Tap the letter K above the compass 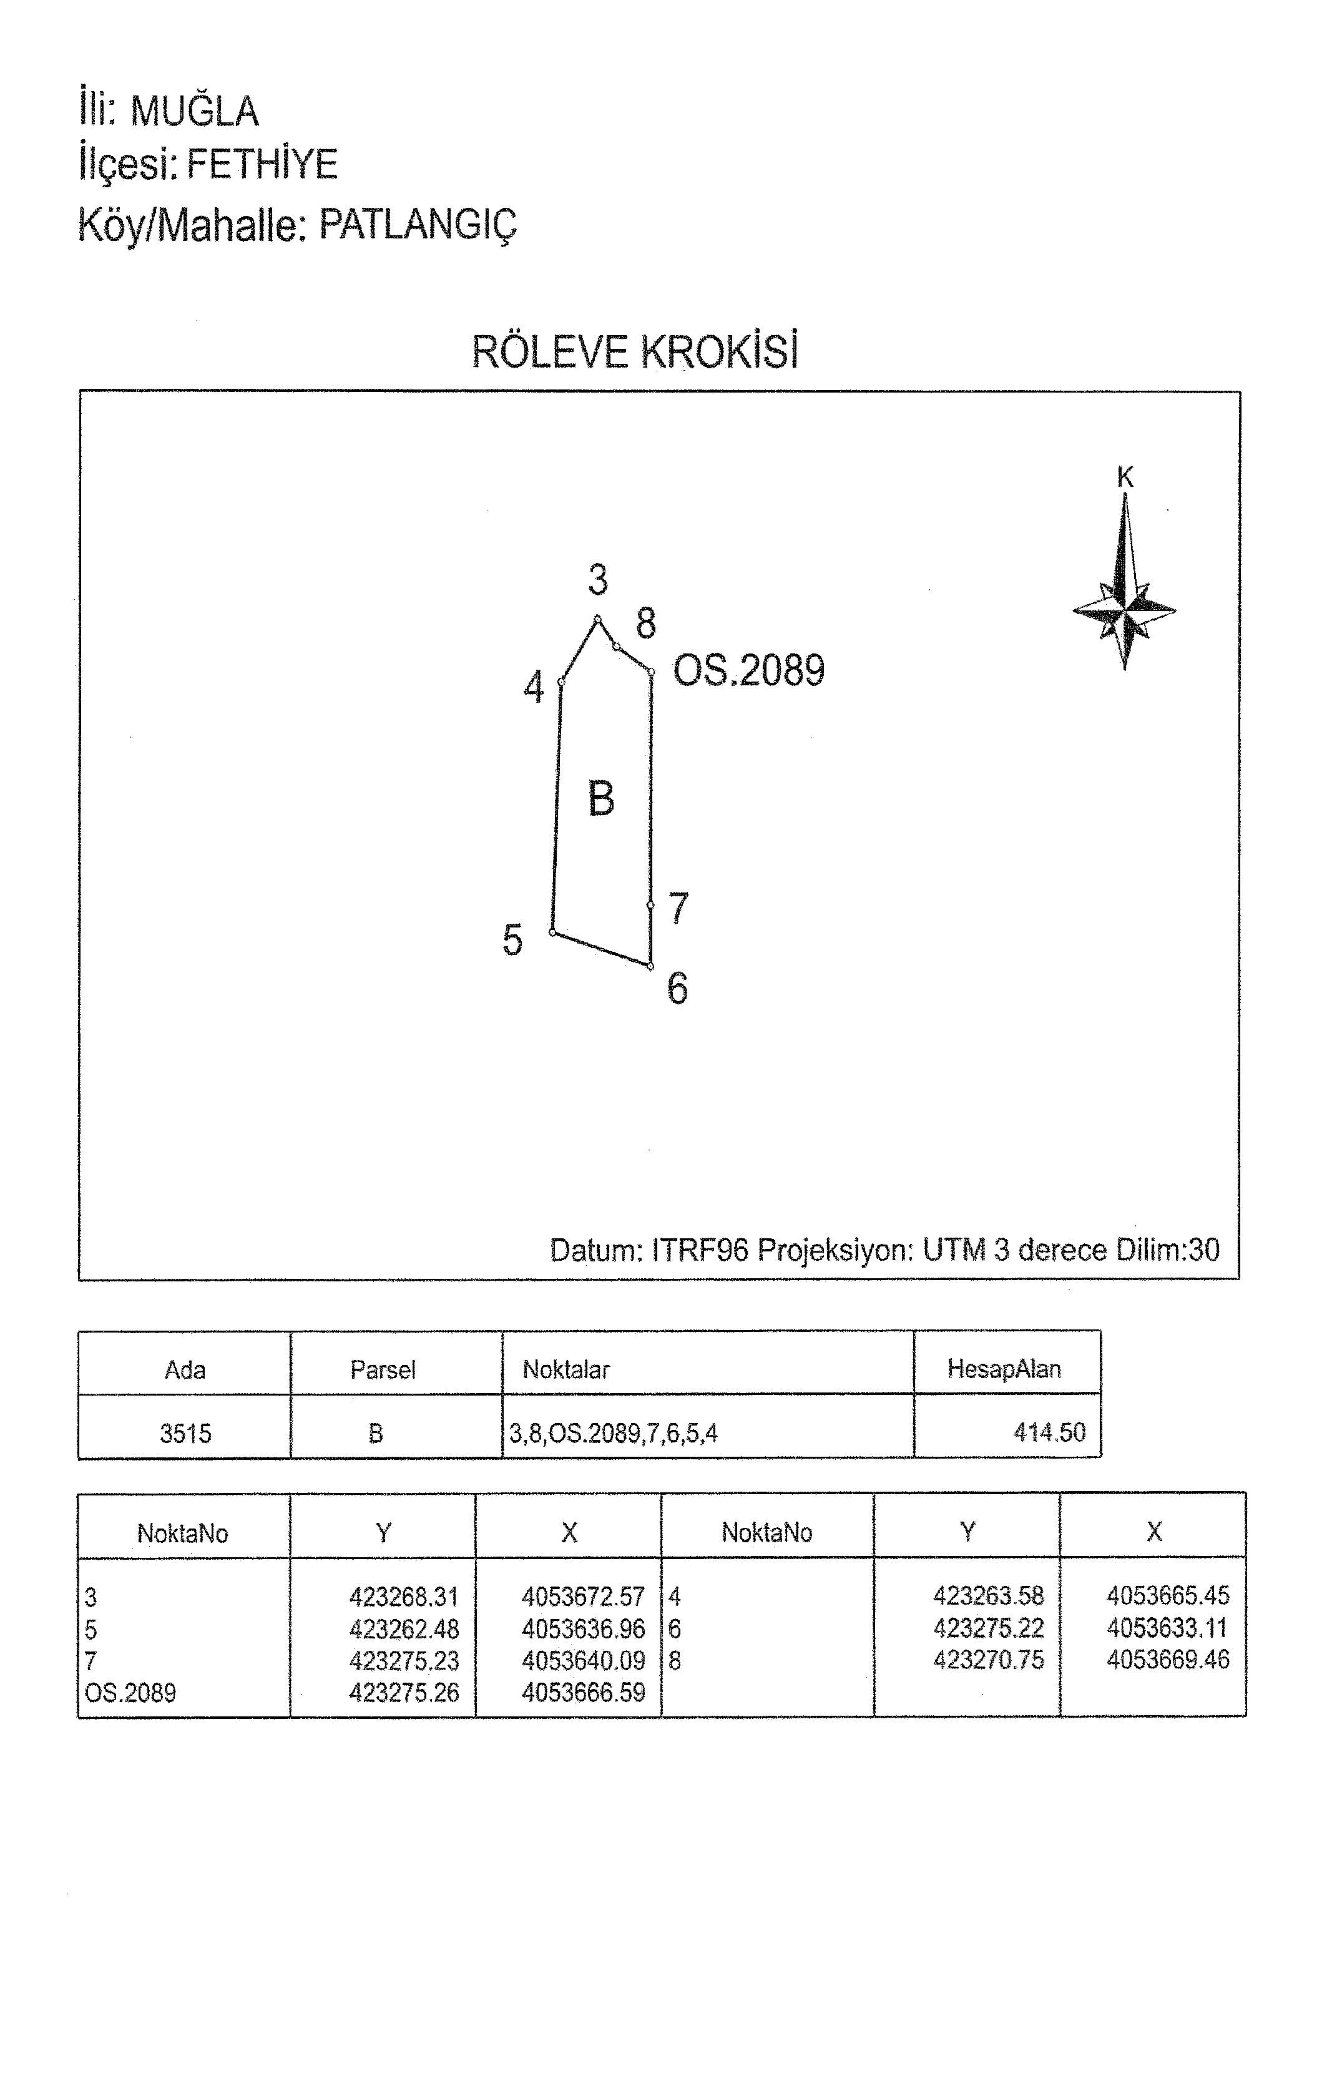coord(1124,477)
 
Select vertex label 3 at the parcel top coord(598,579)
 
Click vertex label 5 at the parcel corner coord(512,940)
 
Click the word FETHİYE coord(262,164)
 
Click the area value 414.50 coord(1049,1432)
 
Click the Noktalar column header coord(566,1369)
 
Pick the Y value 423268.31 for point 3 coord(404,1596)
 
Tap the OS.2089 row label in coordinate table coord(130,1693)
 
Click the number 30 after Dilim coord(1204,1249)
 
